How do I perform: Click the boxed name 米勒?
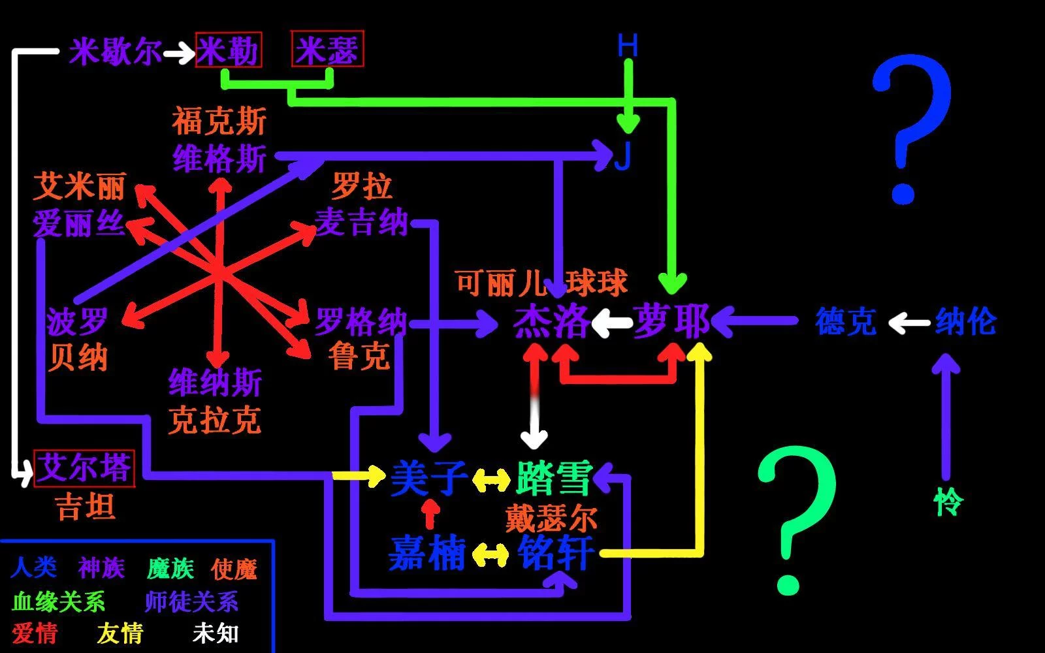pos(229,50)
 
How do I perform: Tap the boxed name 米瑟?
pos(327,50)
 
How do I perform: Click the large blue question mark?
pos(912,127)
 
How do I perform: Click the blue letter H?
pos(628,45)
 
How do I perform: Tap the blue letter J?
pos(624,157)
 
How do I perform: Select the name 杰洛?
pos(551,321)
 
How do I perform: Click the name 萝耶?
pos(671,321)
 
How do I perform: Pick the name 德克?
pos(845,321)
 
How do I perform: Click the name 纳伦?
pos(965,321)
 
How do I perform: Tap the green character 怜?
pos(948,502)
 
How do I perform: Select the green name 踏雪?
pos(554,479)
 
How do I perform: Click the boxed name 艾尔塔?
pos(84,468)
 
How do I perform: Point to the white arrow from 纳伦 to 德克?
pos(909,322)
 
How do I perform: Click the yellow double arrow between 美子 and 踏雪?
pos(491,481)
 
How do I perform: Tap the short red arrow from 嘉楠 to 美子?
pos(429,514)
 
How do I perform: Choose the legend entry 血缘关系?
pos(59,601)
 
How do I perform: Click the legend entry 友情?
pos(120,633)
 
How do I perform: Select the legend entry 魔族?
pos(170,569)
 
